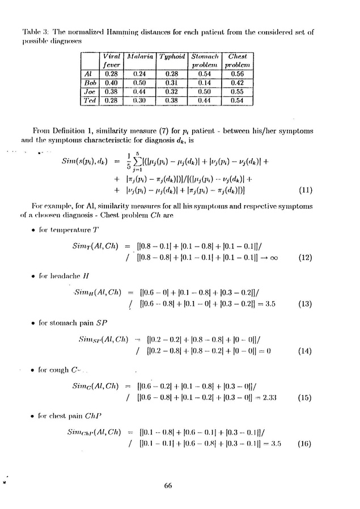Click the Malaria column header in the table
click(139, 57)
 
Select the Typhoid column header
click(170, 57)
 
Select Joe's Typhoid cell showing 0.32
click(170, 91)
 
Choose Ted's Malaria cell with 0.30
click(139, 100)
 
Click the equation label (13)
click(305, 304)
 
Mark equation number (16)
click(305, 444)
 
